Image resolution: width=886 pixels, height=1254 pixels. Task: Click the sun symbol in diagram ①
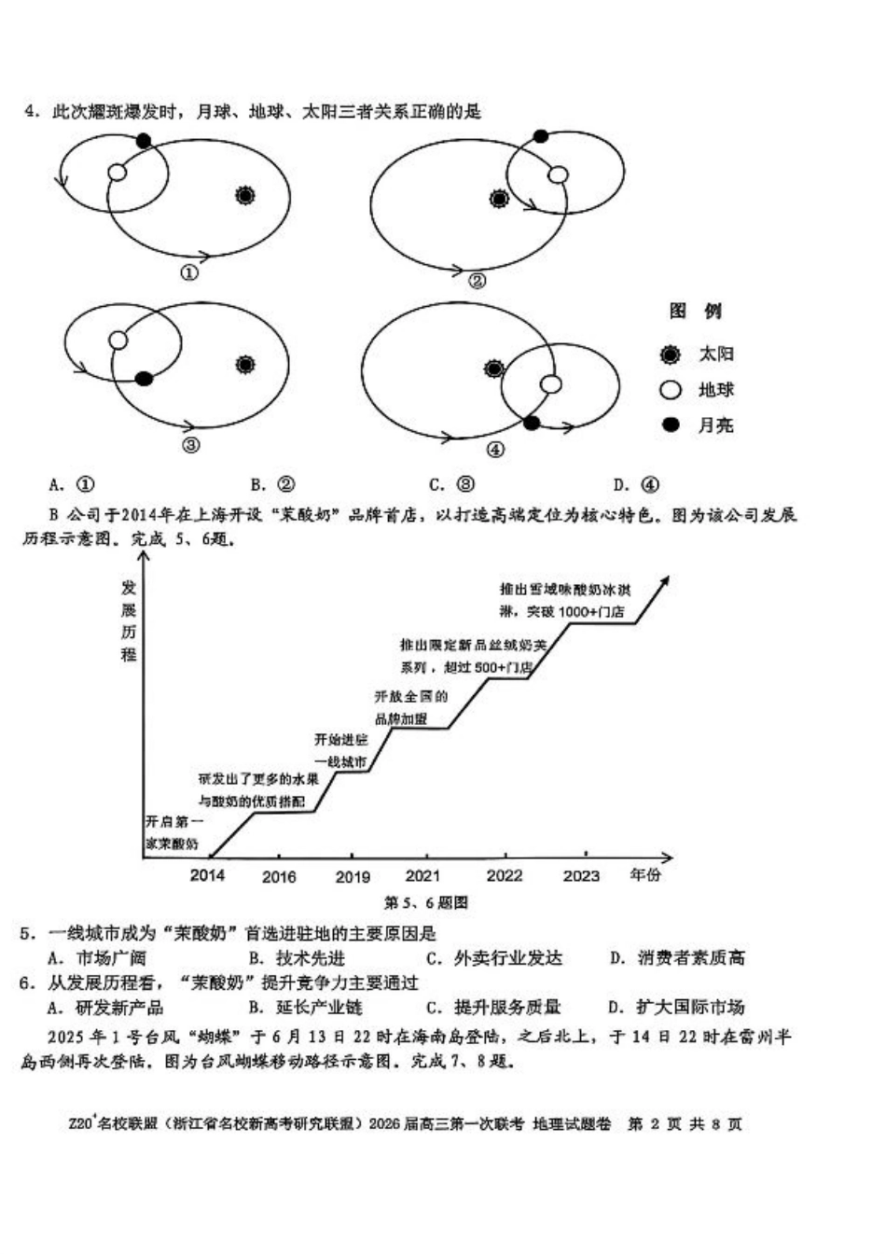(x=244, y=195)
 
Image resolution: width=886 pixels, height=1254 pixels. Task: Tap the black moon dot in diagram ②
(x=541, y=136)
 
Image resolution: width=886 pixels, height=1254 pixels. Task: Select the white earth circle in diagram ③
(x=118, y=340)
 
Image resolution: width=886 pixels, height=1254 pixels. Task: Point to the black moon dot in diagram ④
(x=532, y=424)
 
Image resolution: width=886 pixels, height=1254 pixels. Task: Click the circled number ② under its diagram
(x=477, y=280)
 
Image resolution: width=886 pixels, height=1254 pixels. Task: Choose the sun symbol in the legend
(x=670, y=355)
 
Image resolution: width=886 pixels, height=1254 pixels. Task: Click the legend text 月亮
(x=715, y=425)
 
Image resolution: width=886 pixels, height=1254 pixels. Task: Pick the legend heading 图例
(x=696, y=311)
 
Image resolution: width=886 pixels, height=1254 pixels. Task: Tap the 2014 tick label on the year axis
(x=207, y=875)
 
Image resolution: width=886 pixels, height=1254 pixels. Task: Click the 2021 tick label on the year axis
(x=423, y=875)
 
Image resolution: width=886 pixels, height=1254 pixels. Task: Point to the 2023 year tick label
(x=581, y=875)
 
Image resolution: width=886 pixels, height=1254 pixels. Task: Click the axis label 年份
(x=644, y=875)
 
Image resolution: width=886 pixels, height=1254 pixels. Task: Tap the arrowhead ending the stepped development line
(x=665, y=580)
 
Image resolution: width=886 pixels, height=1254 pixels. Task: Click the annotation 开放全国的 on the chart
(x=411, y=696)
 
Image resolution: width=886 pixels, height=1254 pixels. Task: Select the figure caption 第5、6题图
(x=425, y=902)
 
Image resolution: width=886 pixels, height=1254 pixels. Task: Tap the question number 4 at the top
(x=31, y=112)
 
